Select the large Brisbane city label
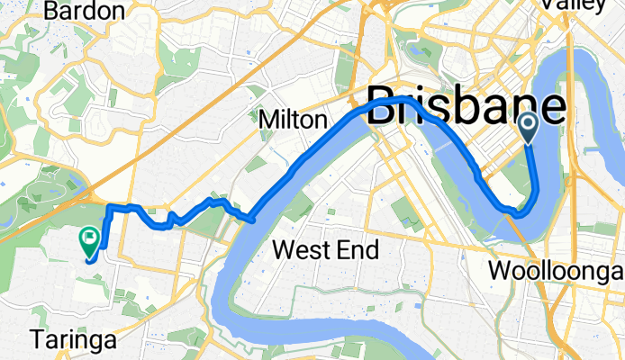(x=466, y=109)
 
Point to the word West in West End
(x=300, y=249)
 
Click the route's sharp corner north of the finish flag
(x=110, y=208)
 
